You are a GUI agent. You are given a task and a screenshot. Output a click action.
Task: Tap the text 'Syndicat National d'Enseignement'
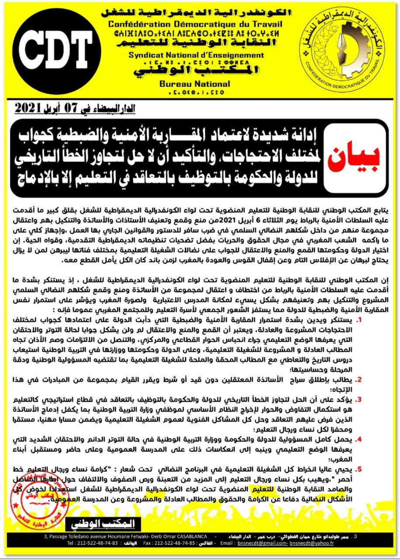196,55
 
